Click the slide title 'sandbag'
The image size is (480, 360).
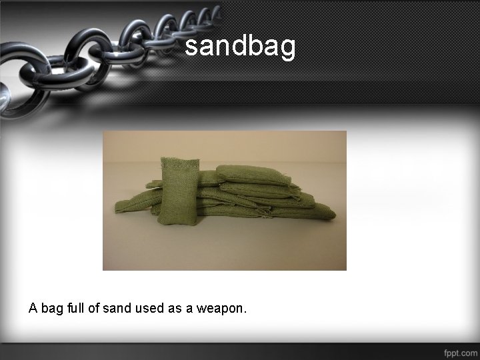(x=240, y=47)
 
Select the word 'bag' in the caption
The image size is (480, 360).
(x=53, y=309)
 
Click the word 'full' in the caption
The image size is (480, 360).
(x=79, y=309)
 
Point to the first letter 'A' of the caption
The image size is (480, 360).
(x=33, y=309)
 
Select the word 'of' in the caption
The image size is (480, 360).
(x=97, y=309)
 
